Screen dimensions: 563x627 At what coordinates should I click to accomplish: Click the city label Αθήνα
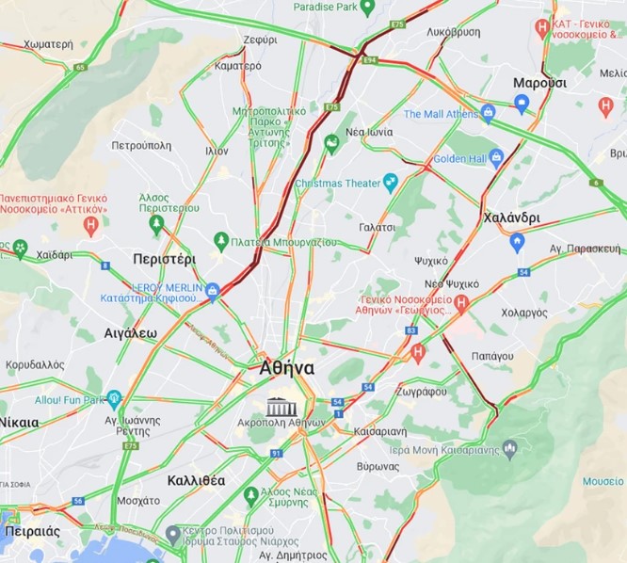pyautogui.click(x=286, y=368)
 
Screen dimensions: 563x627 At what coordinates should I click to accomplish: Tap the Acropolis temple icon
pyautogui.click(x=281, y=407)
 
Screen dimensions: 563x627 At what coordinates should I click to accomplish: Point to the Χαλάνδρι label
pyautogui.click(x=511, y=217)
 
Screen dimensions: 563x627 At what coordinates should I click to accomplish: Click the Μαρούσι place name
pyautogui.click(x=539, y=83)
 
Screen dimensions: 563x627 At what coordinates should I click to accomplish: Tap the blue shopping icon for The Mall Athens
pyautogui.click(x=487, y=114)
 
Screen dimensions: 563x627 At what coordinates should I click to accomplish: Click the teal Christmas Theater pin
pyautogui.click(x=390, y=182)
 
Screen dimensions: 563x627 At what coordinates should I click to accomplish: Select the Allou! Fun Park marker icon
pyautogui.click(x=114, y=398)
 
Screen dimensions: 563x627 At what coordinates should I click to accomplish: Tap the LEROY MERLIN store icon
pyautogui.click(x=214, y=290)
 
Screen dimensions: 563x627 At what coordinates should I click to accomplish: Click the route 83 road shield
pyautogui.click(x=410, y=330)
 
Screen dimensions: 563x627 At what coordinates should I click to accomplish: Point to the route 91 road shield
pyautogui.click(x=276, y=453)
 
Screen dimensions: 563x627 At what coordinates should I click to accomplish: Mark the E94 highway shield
pyautogui.click(x=370, y=59)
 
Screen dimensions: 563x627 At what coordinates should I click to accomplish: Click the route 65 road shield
pyautogui.click(x=80, y=67)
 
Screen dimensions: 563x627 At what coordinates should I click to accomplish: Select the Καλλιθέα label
pyautogui.click(x=196, y=480)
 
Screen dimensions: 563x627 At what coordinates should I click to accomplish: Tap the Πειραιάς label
pyautogui.click(x=32, y=531)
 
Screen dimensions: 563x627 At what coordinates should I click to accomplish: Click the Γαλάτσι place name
pyautogui.click(x=377, y=228)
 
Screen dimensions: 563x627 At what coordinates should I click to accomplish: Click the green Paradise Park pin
pyautogui.click(x=368, y=7)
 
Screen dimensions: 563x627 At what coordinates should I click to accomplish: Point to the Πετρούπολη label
pyautogui.click(x=141, y=145)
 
